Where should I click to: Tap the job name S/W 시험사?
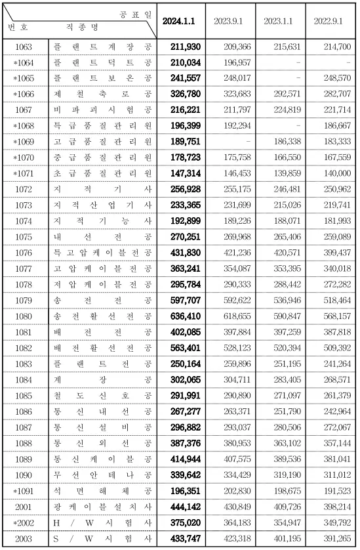pyautogui.click(x=103, y=539)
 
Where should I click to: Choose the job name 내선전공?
pyautogui.click(x=103, y=237)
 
